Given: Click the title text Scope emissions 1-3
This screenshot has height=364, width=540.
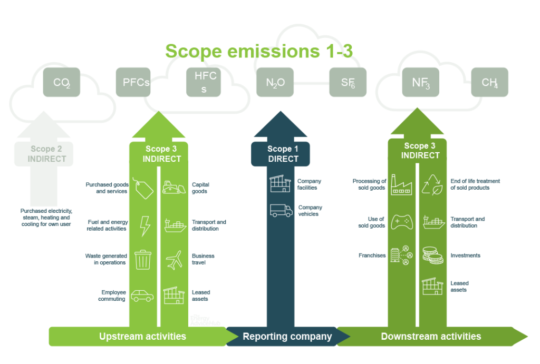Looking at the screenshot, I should coord(258,51).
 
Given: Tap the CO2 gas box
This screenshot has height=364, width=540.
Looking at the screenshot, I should coord(62,82).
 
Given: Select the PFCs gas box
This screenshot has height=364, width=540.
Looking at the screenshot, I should coord(133,82).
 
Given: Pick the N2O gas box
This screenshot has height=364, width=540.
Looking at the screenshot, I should coord(275,82).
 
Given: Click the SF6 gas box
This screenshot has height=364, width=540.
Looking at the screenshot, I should coord(348,82).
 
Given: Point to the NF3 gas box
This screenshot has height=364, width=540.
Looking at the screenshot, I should coord(420,82).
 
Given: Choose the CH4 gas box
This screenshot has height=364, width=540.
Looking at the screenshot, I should coord(489,82).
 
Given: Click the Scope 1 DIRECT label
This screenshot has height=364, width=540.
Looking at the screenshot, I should coord(283,154).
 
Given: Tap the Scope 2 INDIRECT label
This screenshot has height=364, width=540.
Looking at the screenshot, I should coord(47,154).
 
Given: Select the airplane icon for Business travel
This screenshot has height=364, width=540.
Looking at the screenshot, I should coord(173,260).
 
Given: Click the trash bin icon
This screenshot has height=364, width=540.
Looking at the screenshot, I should coord(143,260).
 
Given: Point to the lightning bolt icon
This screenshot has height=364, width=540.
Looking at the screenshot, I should coord(144,226).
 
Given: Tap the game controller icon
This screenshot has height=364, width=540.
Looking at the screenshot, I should coord(401,222).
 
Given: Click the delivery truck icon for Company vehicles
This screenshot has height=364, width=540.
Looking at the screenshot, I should coord(281,211).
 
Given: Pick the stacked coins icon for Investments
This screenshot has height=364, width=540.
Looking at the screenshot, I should coord(432,255).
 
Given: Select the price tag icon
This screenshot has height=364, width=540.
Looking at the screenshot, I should coord(144,188).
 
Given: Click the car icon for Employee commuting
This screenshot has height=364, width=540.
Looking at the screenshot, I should coord(142,296).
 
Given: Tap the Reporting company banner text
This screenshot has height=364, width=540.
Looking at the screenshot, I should coord(287,336).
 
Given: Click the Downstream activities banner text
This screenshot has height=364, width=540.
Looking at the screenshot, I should coord(431,336).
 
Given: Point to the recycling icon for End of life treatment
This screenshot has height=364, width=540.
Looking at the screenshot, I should coord(432,185).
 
